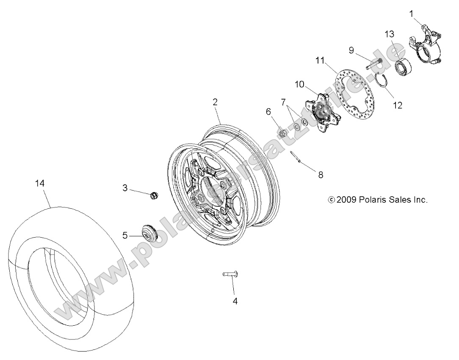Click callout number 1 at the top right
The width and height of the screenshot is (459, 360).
point(411,14)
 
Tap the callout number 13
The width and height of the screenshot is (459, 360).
point(389,34)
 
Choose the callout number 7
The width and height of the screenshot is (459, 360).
point(295,102)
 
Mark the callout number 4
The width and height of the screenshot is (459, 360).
point(235,301)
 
